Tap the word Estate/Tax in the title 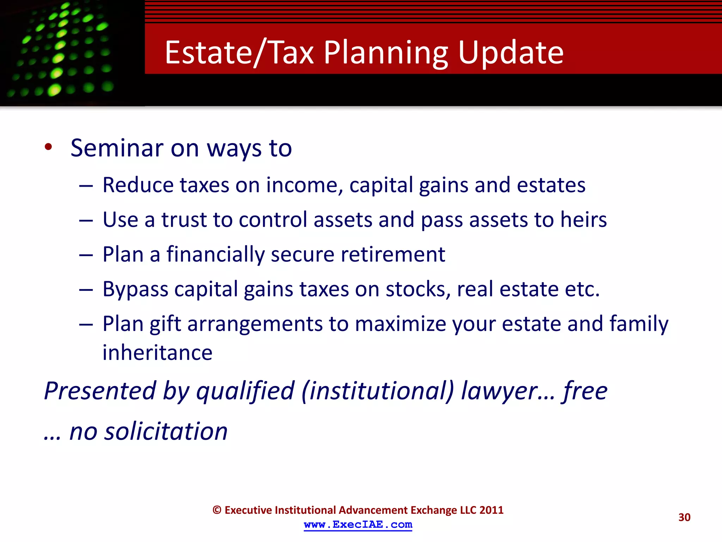pos(239,53)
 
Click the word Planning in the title pos(386,53)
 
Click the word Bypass pos(135,289)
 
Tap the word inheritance pos(157,353)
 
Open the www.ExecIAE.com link pos(358,525)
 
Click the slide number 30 pos(684,517)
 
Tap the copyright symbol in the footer pos(217,510)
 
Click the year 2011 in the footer pos(491,510)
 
